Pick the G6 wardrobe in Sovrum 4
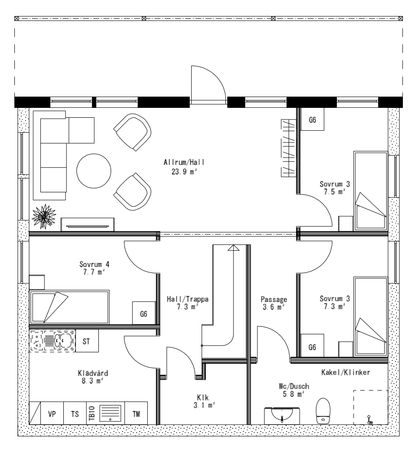[143, 314]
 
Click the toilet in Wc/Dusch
[323, 410]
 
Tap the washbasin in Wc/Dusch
[282, 415]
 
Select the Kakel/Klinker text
[345, 373]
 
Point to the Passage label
[274, 299]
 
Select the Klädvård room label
[93, 373]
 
